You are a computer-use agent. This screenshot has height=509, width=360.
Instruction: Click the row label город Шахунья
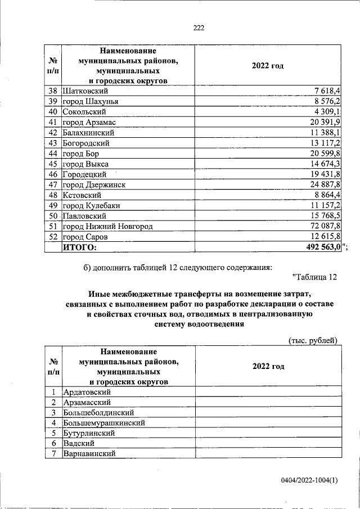point(91,101)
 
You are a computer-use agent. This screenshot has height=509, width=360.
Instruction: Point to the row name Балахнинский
point(89,133)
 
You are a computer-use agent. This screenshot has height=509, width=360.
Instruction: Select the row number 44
point(53,154)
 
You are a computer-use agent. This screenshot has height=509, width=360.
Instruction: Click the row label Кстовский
point(82,195)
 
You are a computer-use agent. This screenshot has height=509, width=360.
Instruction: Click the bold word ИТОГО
point(80,247)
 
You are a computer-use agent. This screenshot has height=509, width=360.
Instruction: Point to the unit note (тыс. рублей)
point(313,340)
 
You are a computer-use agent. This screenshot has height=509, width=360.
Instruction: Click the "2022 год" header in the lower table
point(268,366)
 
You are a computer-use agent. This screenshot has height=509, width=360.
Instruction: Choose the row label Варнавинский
point(90,454)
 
